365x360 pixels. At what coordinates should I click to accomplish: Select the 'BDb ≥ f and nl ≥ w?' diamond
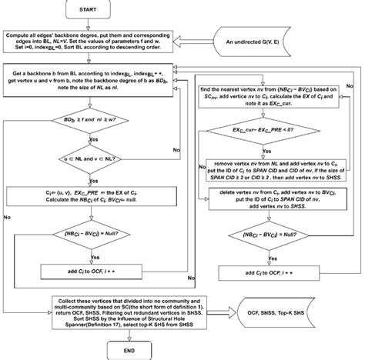click(x=91, y=121)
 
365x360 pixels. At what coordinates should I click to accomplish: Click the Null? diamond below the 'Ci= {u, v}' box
click(x=91, y=233)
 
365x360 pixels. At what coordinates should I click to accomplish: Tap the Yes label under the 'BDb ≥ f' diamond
click(x=95, y=138)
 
